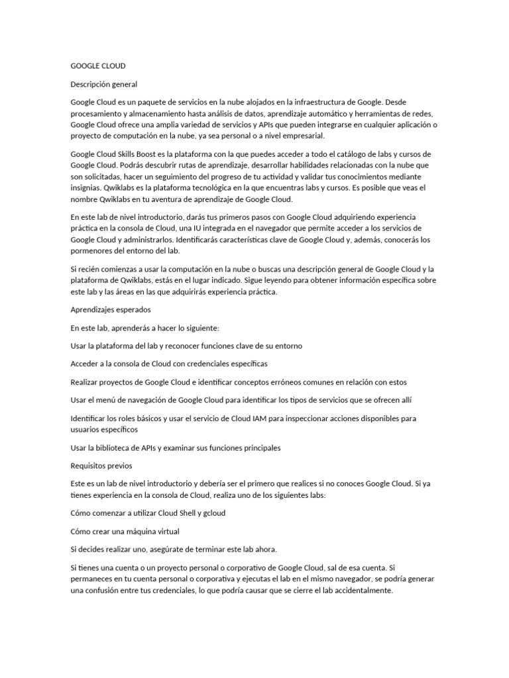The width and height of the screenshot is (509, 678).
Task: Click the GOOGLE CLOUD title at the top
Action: coord(98,66)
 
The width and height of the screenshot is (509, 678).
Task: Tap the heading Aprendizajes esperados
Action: coord(111,309)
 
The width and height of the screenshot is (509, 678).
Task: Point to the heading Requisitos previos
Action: coord(101,465)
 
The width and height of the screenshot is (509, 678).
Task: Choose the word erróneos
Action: coord(285,382)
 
